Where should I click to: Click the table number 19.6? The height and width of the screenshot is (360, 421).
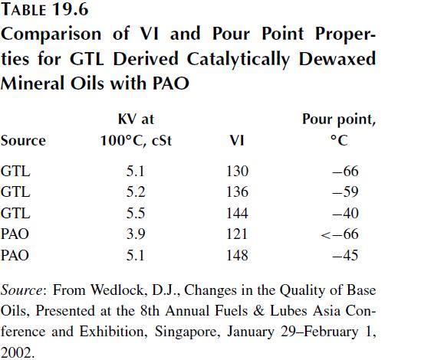click(71, 9)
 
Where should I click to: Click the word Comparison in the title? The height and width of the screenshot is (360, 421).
click(51, 34)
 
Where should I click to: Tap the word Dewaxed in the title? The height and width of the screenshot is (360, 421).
click(337, 59)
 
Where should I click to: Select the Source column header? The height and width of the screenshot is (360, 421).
click(23, 141)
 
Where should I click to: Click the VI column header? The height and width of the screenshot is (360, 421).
click(237, 141)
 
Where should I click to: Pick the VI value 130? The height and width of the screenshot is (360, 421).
click(238, 171)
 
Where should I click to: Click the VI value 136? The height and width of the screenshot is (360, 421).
click(238, 191)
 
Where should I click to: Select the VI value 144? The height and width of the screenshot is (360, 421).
click(238, 213)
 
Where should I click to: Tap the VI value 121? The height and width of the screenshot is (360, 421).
click(237, 234)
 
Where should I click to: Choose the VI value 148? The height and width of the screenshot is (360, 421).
click(238, 255)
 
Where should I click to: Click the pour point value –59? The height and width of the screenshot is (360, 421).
click(345, 191)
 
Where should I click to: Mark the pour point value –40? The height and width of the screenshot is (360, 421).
click(345, 213)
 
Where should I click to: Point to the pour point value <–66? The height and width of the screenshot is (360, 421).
click(340, 234)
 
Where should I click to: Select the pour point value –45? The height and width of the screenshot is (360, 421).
click(345, 255)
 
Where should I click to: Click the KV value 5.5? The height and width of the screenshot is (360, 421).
click(136, 213)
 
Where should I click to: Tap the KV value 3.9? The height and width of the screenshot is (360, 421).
click(136, 234)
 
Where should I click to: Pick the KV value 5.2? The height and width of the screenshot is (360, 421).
click(136, 191)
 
